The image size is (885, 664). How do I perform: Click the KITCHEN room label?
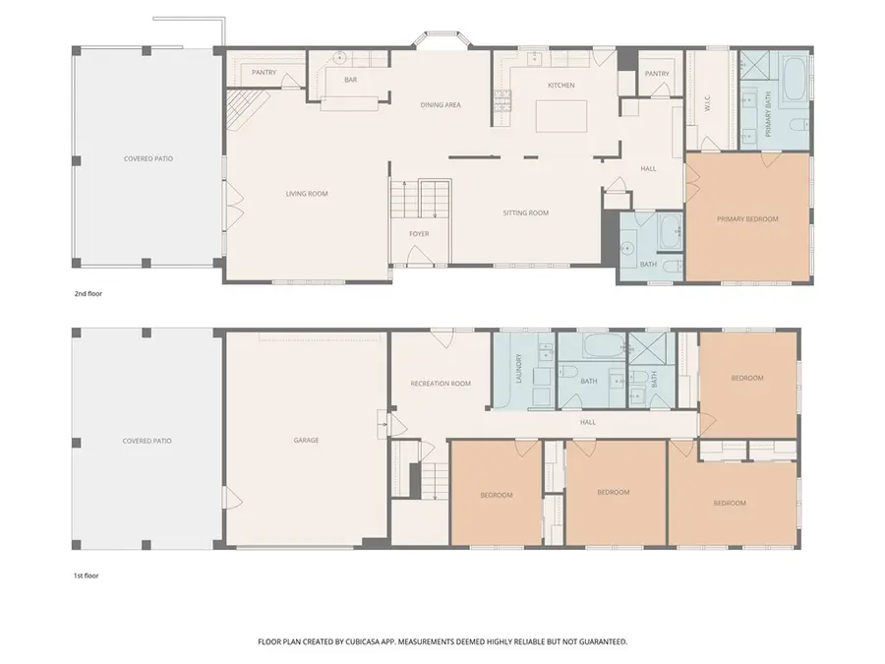561,86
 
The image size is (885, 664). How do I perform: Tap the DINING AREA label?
441,105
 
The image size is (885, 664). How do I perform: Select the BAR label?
349,80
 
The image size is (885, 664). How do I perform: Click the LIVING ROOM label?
307,194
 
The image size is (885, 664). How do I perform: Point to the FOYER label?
420,233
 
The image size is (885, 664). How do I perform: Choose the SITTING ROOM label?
525,212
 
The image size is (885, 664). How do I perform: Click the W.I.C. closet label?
707,100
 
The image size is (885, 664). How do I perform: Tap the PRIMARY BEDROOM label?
747,219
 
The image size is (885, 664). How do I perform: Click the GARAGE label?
306,440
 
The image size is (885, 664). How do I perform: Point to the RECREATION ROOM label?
440,384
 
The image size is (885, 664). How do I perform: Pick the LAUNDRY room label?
515,371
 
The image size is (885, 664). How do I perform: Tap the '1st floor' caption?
86,575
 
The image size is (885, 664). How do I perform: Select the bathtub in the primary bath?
795,86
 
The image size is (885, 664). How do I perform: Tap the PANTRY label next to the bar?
264,72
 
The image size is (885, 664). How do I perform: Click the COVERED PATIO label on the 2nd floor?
147,158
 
